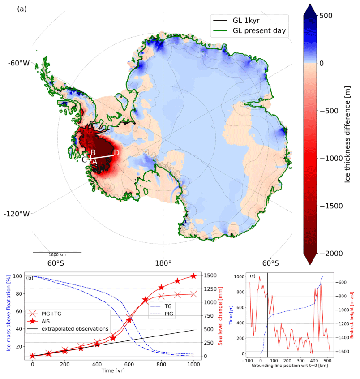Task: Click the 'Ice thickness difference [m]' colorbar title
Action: coord(347,134)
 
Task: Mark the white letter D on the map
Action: coord(116,153)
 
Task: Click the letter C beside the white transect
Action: coord(84,159)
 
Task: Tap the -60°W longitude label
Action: coord(18,63)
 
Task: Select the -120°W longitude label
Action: coord(18,214)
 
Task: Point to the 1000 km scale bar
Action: coord(57,252)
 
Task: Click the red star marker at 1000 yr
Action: coord(193,276)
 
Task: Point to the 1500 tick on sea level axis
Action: coord(210,276)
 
